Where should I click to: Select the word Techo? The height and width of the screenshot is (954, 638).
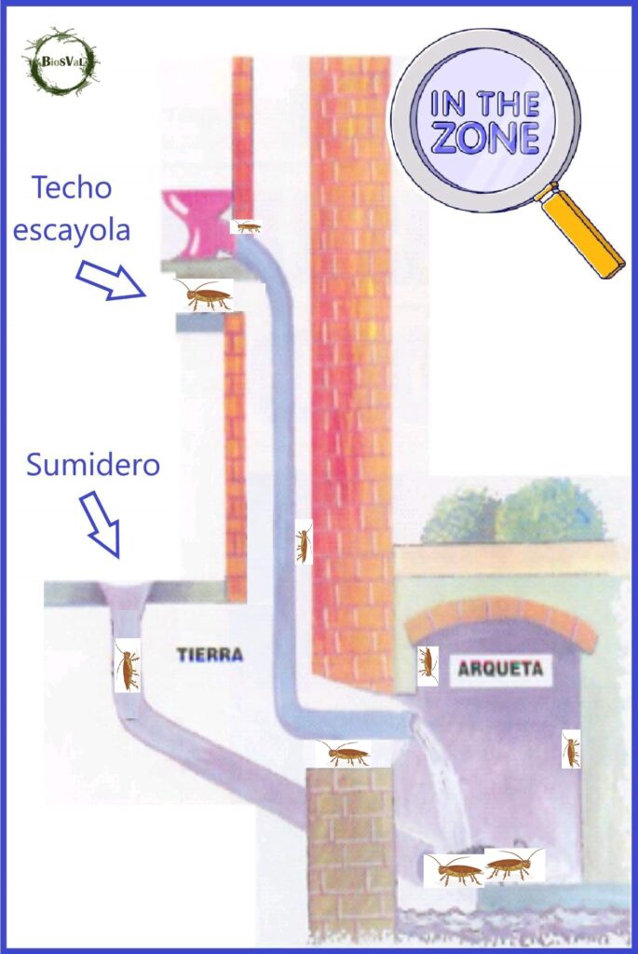(72, 188)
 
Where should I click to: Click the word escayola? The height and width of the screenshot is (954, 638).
(72, 230)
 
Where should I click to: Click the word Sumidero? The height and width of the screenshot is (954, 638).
(93, 463)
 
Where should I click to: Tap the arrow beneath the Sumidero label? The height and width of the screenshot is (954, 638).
(102, 524)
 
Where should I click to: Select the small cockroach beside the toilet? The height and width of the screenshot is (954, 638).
(247, 226)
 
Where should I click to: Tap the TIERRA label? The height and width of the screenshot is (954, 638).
(210, 655)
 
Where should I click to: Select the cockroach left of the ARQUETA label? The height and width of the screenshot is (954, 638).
(428, 664)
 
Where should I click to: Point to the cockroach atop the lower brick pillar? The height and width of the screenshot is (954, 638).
(343, 753)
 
